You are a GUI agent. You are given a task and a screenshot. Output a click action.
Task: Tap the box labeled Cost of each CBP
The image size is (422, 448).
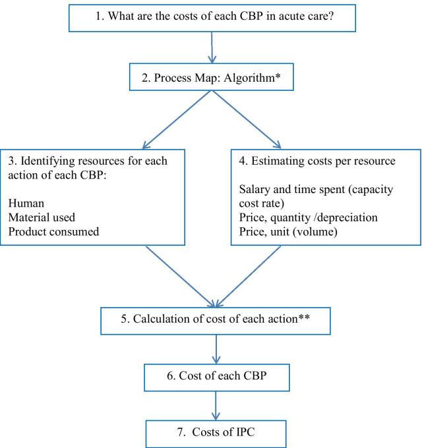pyautogui.click(x=212, y=376)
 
